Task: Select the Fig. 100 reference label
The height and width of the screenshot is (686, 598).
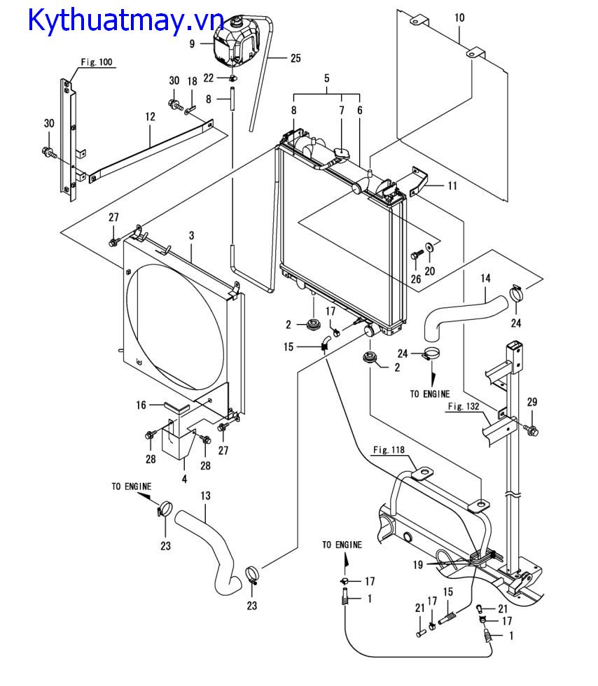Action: (x=96, y=62)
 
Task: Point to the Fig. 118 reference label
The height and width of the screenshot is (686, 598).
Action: (x=390, y=449)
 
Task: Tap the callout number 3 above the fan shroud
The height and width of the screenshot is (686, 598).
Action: (x=190, y=236)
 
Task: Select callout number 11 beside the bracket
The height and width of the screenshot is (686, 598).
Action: (x=452, y=186)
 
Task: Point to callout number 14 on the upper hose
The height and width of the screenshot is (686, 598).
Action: (x=485, y=279)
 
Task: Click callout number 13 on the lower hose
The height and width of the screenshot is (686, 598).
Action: (x=205, y=496)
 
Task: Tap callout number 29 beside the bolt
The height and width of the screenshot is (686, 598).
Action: (x=531, y=402)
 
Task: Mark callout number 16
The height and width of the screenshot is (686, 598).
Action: (x=141, y=405)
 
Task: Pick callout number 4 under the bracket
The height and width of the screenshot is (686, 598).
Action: (x=184, y=479)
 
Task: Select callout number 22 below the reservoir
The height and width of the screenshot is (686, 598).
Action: (x=209, y=76)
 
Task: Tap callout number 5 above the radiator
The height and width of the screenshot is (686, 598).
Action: (x=326, y=79)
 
